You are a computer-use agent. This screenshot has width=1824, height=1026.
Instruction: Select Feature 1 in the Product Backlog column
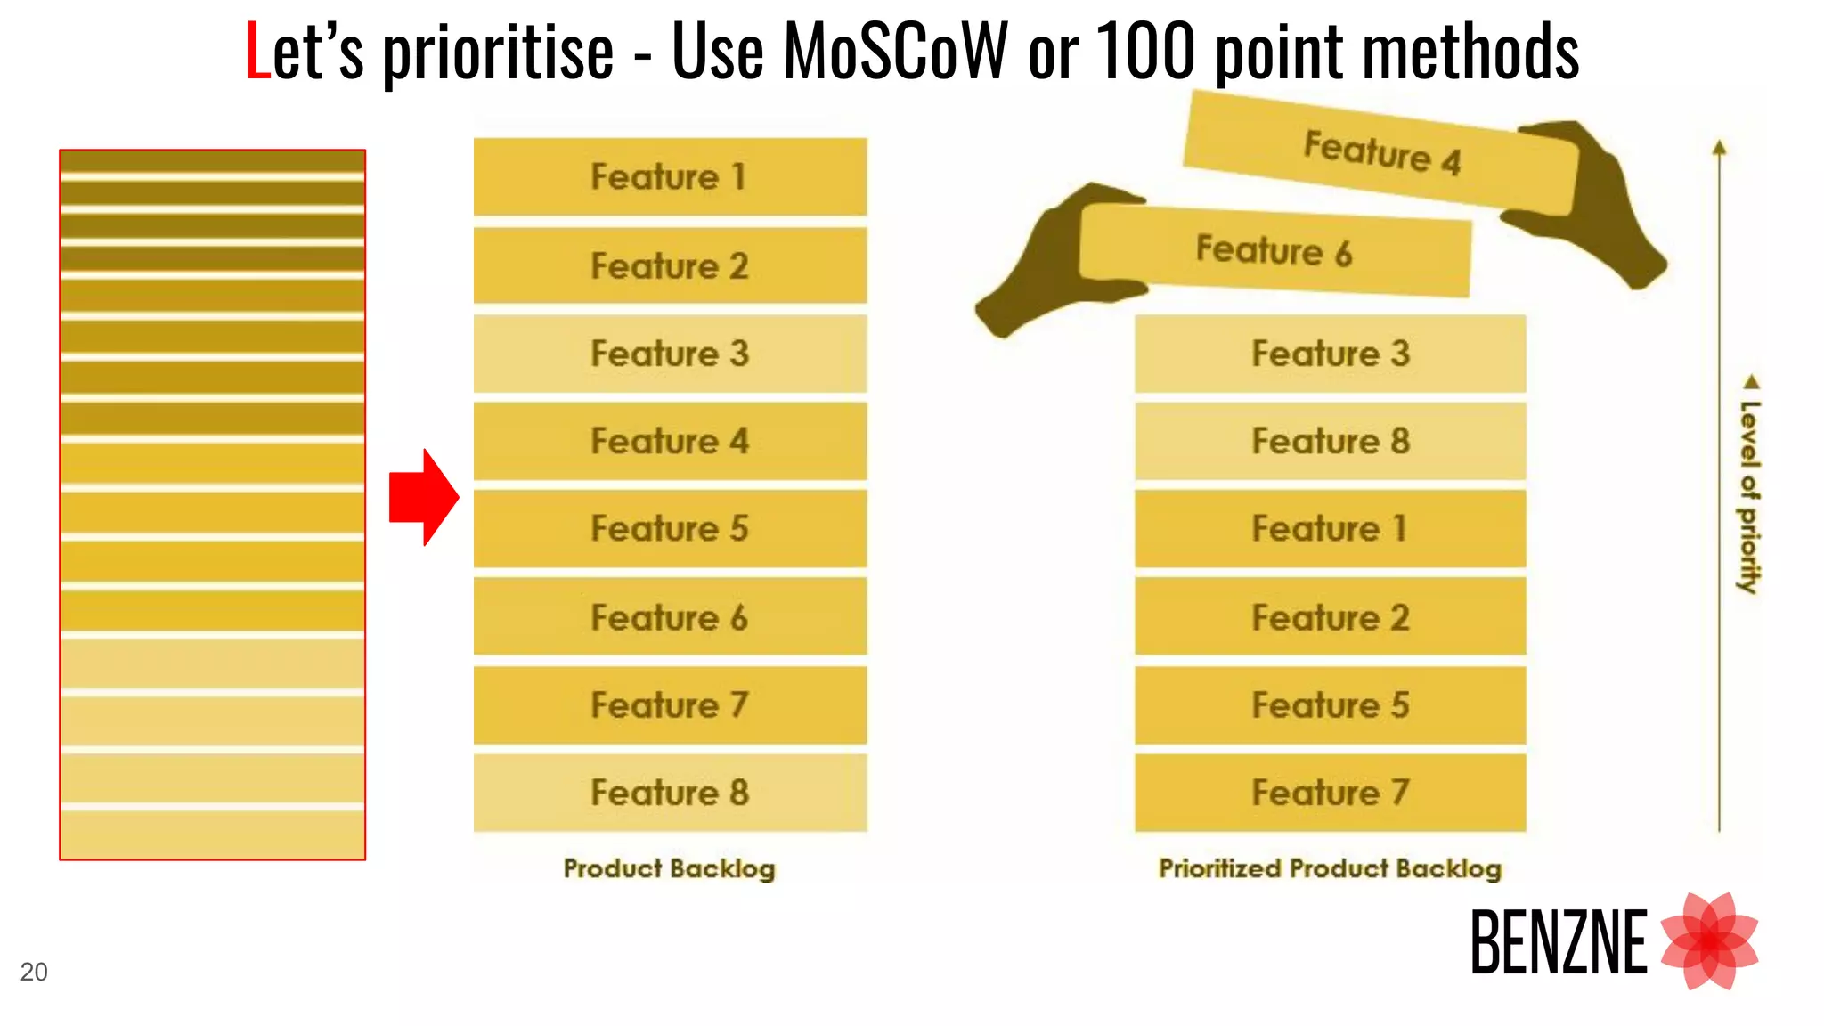(x=670, y=176)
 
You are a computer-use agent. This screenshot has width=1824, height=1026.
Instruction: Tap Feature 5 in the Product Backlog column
(x=670, y=528)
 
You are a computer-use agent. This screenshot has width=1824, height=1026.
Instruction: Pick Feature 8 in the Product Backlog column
(x=670, y=793)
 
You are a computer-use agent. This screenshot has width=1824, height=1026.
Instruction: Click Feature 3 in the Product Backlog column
(x=670, y=354)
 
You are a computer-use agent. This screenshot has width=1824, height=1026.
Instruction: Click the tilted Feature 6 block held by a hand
(x=1274, y=251)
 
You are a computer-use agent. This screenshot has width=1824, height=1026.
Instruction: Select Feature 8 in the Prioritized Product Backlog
(x=1330, y=441)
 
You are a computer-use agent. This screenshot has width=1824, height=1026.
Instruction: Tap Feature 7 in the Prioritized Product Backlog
(x=1330, y=793)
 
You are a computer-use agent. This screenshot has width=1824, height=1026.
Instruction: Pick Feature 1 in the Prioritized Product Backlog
(x=1330, y=528)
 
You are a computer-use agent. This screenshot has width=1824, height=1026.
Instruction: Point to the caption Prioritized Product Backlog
(x=1330, y=867)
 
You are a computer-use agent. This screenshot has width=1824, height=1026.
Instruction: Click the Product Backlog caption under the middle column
(x=670, y=867)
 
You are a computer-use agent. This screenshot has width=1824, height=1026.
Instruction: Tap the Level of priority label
(x=1749, y=494)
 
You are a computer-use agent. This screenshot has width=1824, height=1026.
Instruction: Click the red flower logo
(x=1709, y=940)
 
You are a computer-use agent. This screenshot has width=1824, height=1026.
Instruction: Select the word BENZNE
(x=1559, y=942)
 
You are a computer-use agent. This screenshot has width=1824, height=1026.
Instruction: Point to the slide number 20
(x=34, y=972)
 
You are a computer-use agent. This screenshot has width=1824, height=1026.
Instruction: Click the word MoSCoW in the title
(x=895, y=52)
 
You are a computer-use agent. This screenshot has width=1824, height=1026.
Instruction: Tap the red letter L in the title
(x=257, y=52)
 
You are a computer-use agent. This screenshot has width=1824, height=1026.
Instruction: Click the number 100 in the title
(x=1145, y=52)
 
